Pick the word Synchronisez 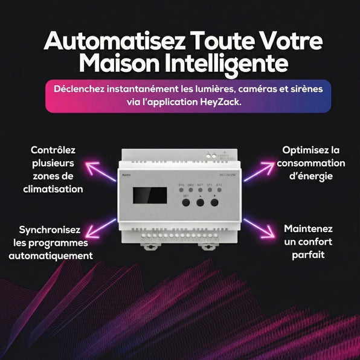[53, 230]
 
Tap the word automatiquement [51, 256]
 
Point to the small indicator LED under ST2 [219, 190]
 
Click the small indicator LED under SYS [181, 190]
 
